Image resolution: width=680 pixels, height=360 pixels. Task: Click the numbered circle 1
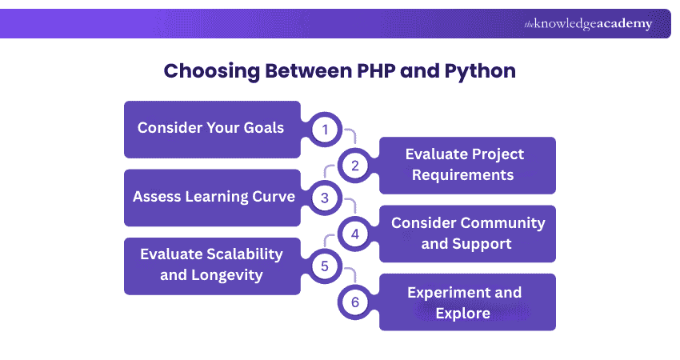point(325,130)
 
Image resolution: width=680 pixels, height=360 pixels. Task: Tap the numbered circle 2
point(354,165)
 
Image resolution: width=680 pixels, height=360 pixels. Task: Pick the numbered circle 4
point(354,234)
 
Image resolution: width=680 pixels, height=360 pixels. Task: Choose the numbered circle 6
point(354,302)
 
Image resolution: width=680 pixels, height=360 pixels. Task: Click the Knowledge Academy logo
point(588,24)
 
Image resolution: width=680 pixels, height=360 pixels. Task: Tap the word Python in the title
point(478,70)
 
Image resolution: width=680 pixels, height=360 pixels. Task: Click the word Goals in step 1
point(262,128)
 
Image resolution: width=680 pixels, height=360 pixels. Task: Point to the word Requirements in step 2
point(462,174)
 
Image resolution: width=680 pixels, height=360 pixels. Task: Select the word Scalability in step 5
point(241,254)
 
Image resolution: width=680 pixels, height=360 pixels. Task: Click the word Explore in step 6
point(462,313)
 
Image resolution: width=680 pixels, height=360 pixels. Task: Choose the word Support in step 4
point(482,244)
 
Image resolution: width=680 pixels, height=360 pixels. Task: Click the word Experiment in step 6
point(450,292)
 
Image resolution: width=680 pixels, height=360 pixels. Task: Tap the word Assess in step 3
point(157,197)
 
